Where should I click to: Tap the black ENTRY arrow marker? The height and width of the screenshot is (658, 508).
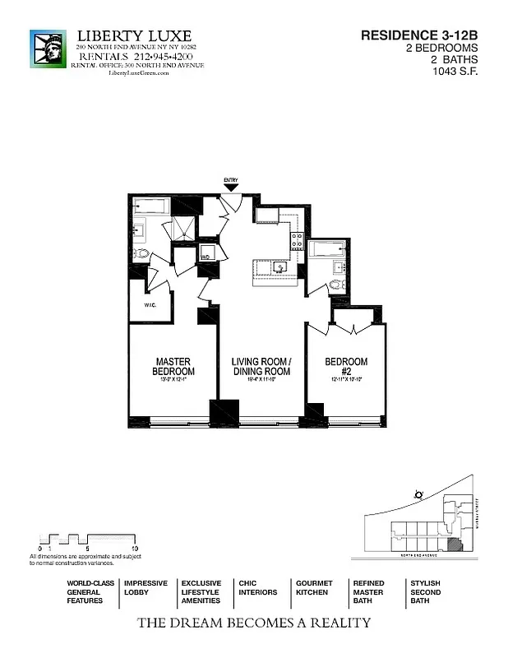[231, 188]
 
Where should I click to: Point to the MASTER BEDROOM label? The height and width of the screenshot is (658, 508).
[173, 367]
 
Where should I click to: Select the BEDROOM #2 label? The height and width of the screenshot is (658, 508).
[346, 367]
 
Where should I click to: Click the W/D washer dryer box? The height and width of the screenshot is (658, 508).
[208, 253]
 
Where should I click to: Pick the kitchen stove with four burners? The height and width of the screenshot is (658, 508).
[297, 242]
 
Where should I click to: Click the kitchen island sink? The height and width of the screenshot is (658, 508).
[280, 267]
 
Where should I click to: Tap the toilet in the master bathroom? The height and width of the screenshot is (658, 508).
[141, 253]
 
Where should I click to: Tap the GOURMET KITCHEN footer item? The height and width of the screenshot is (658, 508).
[313, 587]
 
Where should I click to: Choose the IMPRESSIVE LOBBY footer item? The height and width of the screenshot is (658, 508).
[145, 587]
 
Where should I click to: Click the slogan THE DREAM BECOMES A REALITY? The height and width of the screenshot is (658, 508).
[253, 623]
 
